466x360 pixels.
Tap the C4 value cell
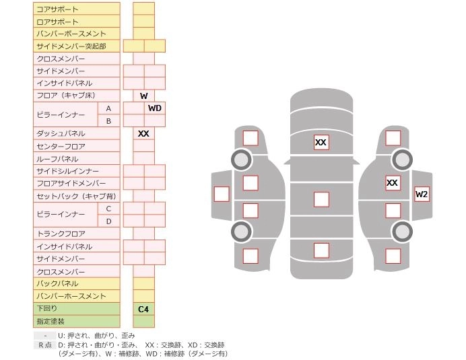143,310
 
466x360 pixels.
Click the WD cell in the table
154,108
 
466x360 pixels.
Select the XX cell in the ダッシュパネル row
143,134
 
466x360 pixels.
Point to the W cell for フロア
143,96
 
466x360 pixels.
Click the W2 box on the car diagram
422,194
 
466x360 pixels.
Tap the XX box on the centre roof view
321,143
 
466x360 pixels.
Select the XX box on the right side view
392,182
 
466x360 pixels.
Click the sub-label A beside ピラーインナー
108,108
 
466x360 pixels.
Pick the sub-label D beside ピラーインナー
108,221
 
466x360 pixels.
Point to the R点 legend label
44,345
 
